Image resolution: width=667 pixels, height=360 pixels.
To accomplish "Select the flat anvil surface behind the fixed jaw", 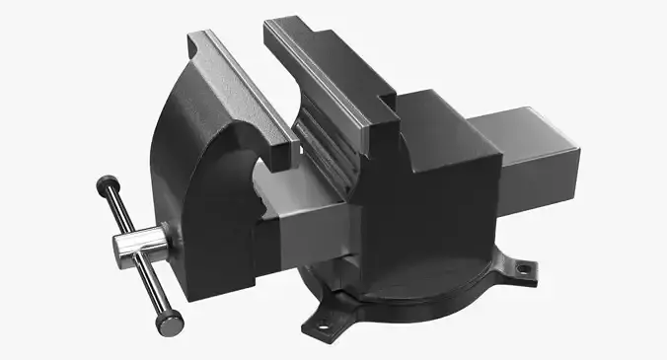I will pos(429,109).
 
